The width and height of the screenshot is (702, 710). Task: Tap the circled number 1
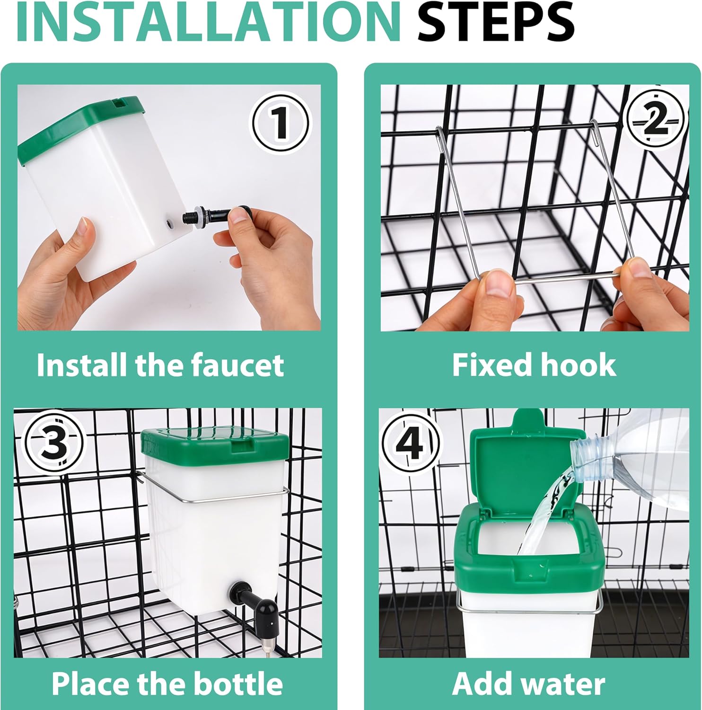(281, 122)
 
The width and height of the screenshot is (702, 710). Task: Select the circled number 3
(53, 444)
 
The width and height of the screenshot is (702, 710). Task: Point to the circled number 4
(410, 444)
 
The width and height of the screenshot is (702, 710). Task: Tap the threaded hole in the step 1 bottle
(169, 221)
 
